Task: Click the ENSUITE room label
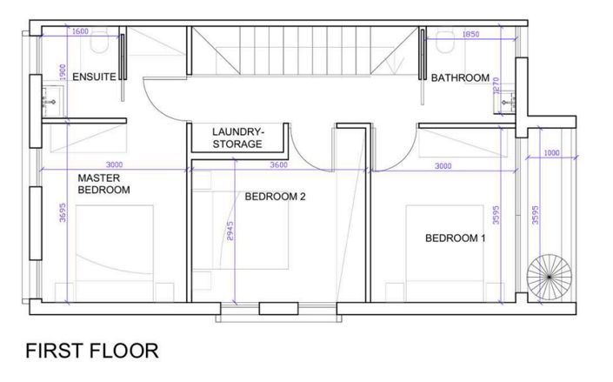point(94,77)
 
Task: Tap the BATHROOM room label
point(460,78)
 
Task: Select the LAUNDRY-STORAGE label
point(237,137)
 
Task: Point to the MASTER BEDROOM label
point(103,183)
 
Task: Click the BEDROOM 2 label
point(275,197)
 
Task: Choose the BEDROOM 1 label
point(455,238)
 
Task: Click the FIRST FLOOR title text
point(92,352)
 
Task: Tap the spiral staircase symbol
point(550,276)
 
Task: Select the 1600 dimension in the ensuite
point(80,31)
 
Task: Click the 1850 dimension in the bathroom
point(470,35)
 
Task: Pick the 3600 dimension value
point(279,164)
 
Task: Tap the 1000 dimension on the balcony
point(550,154)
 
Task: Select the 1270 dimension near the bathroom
point(496,88)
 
